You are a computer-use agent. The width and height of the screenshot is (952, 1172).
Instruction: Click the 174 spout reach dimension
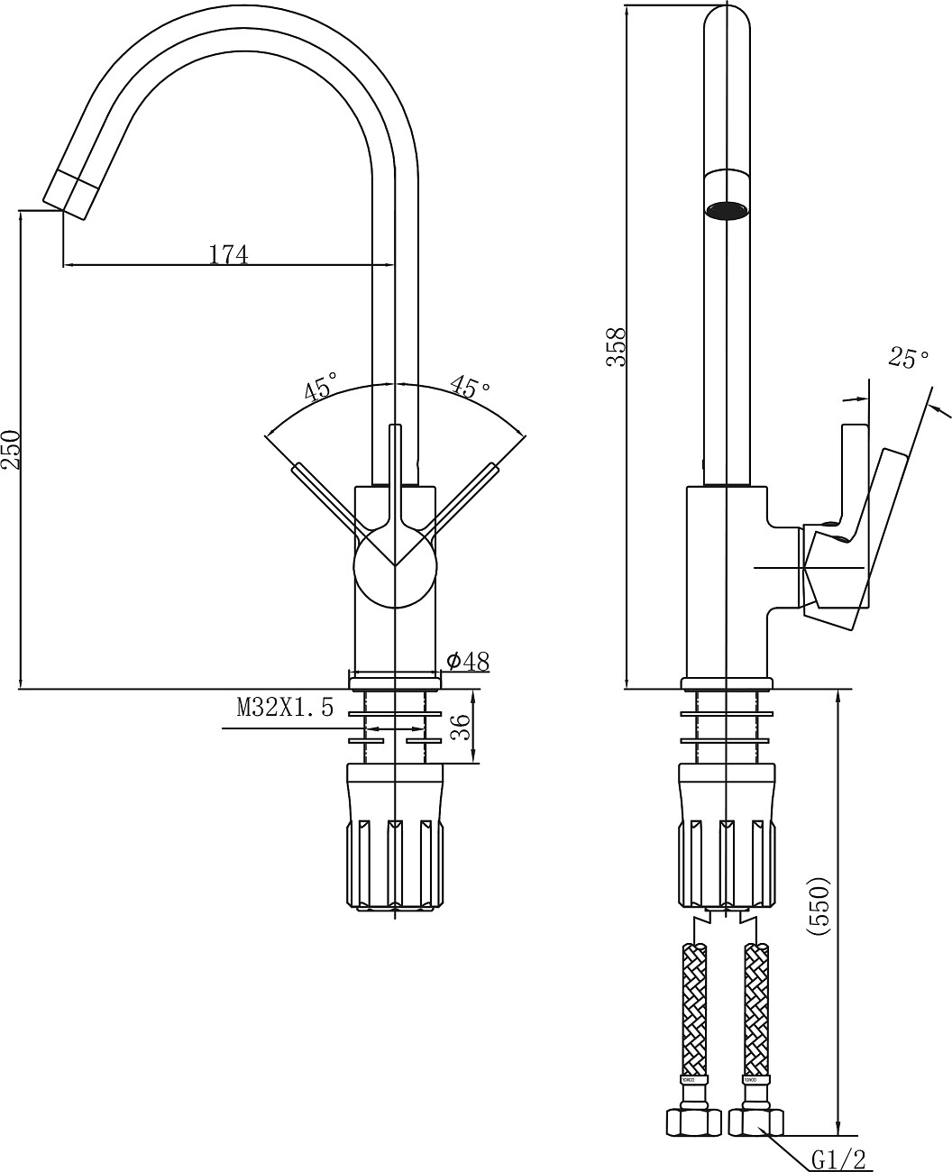pyautogui.click(x=228, y=254)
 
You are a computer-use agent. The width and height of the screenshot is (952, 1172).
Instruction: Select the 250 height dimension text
pyautogui.click(x=12, y=449)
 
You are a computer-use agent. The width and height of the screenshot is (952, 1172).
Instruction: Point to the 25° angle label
pyautogui.click(x=908, y=359)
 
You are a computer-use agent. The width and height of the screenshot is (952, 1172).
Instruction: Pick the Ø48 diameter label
pyautogui.click(x=468, y=661)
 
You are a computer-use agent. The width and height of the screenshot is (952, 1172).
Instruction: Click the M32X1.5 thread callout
pyautogui.click(x=285, y=708)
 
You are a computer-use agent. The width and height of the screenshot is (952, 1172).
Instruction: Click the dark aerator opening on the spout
pyautogui.click(x=728, y=211)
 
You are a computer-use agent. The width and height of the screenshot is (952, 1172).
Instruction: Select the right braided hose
pyautogui.click(x=755, y=1005)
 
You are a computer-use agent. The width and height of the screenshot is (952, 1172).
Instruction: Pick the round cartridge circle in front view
pyautogui.click(x=395, y=565)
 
